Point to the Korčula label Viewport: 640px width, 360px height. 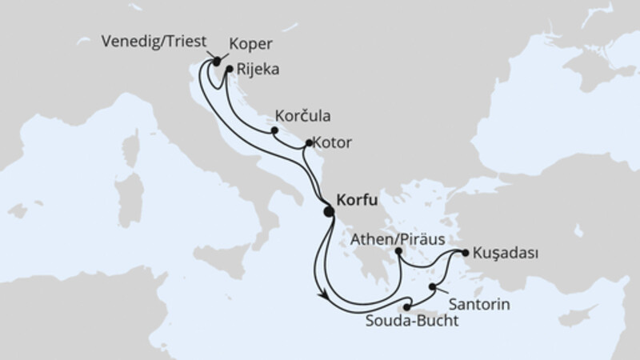305,114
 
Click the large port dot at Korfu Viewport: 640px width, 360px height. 328,211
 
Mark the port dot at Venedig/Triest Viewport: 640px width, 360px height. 216,61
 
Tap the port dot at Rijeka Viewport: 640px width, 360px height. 229,69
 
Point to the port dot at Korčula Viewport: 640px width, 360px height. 274,130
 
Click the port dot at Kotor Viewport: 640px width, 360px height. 309,144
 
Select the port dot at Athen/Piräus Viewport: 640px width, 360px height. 398,252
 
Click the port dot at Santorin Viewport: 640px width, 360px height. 434,286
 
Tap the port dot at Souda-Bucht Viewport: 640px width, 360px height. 407,307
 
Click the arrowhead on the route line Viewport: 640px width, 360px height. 322,294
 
